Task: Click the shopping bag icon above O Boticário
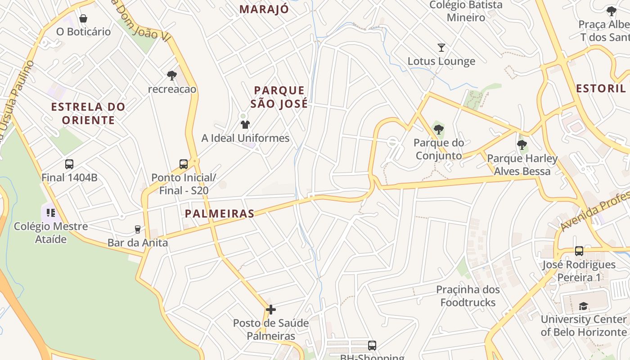[x=83, y=18]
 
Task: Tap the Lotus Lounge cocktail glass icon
[x=441, y=48]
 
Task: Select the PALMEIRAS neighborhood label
[x=220, y=214]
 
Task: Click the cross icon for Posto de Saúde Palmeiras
[x=271, y=310]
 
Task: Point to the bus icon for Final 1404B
[x=69, y=164]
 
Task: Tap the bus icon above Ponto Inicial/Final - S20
[x=184, y=164]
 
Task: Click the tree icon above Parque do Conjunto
[x=438, y=130]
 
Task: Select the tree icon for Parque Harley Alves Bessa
[x=522, y=145]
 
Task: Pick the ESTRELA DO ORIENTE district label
[x=88, y=113]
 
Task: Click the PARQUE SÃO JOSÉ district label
[x=279, y=97]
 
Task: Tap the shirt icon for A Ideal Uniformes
[x=245, y=125]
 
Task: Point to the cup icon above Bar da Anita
[x=138, y=229]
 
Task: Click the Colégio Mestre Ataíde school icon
[x=50, y=213]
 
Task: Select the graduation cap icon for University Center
[x=583, y=306]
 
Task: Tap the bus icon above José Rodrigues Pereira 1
[x=579, y=251]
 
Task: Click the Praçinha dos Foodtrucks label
[x=468, y=296]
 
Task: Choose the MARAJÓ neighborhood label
[x=264, y=9]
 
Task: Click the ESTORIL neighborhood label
[x=601, y=88]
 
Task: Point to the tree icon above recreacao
[x=171, y=75]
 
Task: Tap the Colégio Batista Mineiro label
[x=466, y=11]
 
